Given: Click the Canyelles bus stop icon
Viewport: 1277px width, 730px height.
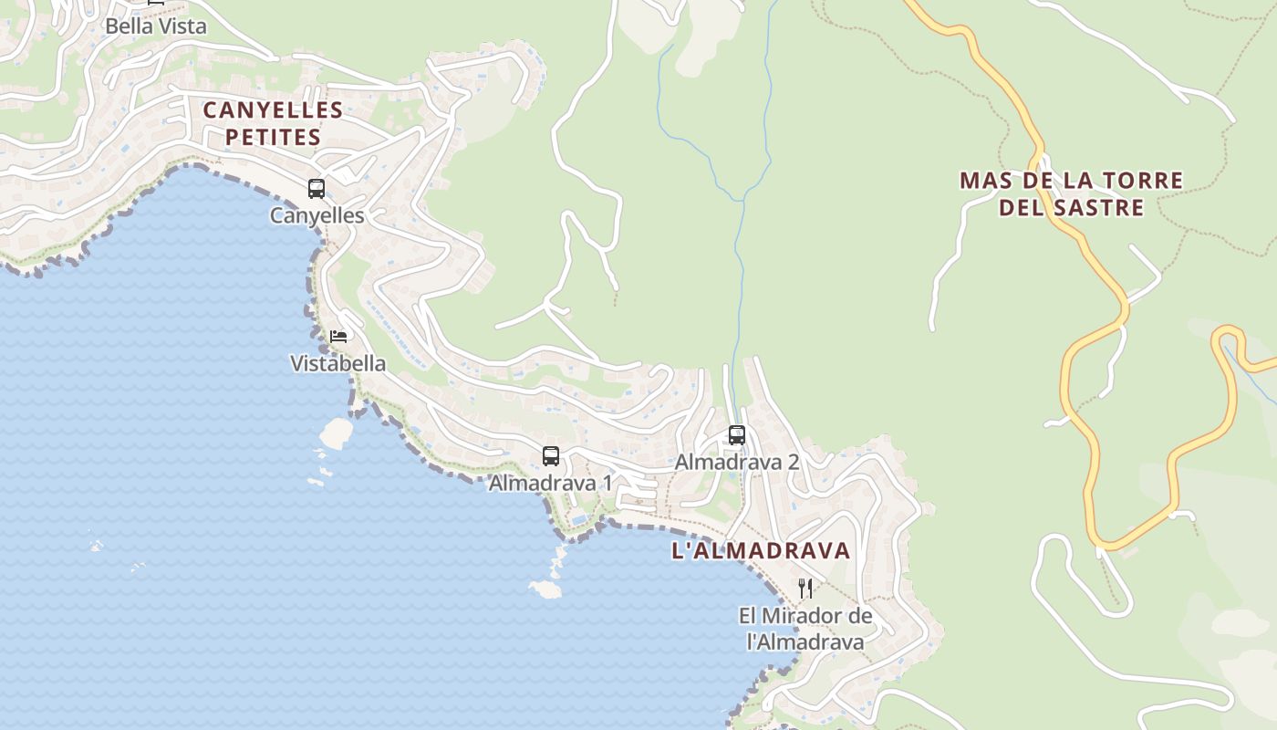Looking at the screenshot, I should click(x=317, y=189).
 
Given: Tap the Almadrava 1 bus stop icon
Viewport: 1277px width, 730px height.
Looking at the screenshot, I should click(x=550, y=456).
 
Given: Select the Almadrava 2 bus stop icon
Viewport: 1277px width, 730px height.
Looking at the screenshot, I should click(x=737, y=435).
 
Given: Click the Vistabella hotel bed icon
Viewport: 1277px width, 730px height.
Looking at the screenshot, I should click(x=338, y=337).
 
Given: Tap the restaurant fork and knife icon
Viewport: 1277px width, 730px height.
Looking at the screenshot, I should click(x=805, y=588).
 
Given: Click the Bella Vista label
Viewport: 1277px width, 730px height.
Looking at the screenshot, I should click(x=156, y=26).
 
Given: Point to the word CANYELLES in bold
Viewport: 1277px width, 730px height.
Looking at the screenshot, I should click(x=273, y=110).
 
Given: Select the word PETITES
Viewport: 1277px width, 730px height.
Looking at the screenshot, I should click(x=273, y=138).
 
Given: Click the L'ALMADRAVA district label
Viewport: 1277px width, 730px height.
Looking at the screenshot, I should click(x=761, y=551).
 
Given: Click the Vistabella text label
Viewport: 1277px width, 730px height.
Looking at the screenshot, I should click(x=337, y=363).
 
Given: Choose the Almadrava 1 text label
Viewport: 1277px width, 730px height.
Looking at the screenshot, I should click(x=550, y=483).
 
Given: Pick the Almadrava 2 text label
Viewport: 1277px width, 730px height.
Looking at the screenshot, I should click(x=737, y=462).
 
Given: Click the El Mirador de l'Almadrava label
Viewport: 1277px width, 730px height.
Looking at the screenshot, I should click(x=805, y=629).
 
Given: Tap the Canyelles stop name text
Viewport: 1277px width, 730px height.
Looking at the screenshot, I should click(x=317, y=215).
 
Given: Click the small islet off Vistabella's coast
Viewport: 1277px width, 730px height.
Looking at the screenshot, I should click(x=336, y=433).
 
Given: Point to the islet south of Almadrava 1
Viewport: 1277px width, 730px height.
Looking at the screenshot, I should click(x=545, y=589).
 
